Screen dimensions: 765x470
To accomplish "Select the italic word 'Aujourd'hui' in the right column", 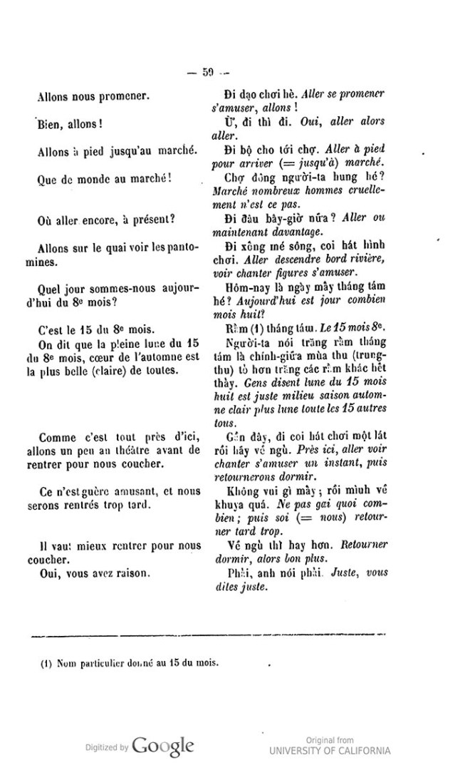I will click(x=269, y=299).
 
